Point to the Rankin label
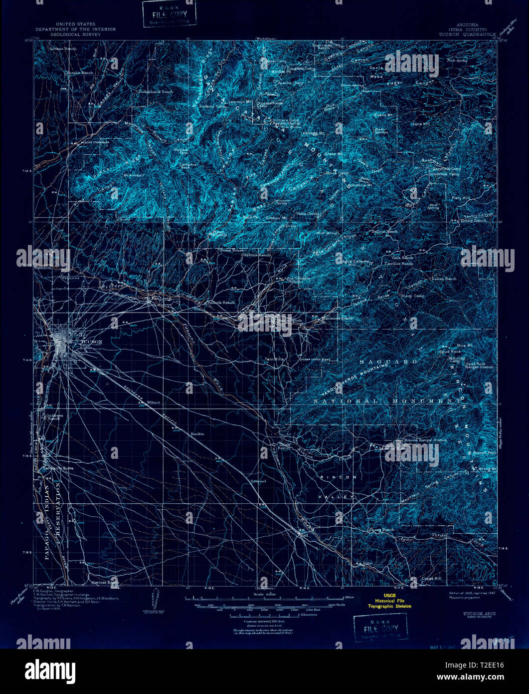pyautogui.click(x=197, y=434)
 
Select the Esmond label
pyautogui.click(x=258, y=481)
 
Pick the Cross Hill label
pyautogui.click(x=431, y=578)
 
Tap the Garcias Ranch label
pyautogui.click(x=105, y=582)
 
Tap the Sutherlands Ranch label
pyautogui.click(x=155, y=92)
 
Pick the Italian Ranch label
pyautogui.click(x=444, y=279)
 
